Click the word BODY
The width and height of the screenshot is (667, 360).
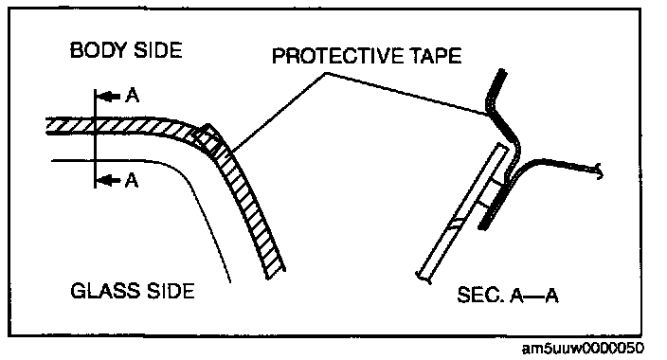click(98, 50)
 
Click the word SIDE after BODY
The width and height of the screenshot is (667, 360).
click(157, 50)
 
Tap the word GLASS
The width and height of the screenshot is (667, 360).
click(104, 291)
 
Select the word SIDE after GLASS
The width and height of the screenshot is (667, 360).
click(171, 291)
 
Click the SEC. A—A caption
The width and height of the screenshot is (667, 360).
click(508, 295)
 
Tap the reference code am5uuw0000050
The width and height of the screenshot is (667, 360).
click(583, 348)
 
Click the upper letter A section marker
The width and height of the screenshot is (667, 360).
click(133, 97)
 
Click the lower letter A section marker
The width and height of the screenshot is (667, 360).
click(132, 181)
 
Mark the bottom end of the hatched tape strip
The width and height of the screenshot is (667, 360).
click(276, 275)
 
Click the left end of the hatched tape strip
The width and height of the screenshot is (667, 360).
click(46, 126)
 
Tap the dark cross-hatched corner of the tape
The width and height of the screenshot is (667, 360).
click(209, 138)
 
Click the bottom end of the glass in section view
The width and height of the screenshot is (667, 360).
click(424, 277)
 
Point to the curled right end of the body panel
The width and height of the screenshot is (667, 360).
click(601, 171)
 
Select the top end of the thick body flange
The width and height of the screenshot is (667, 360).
click(502, 71)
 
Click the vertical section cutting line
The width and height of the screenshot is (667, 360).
click(96, 138)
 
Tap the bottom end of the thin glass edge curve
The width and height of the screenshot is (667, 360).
click(230, 280)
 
